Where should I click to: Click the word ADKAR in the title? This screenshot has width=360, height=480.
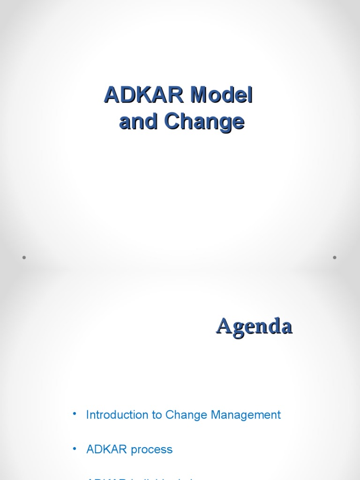click(144, 96)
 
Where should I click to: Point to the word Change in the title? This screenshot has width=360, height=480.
click(204, 122)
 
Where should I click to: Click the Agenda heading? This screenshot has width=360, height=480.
click(254, 326)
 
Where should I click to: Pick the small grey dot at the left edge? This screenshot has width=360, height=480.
click(23, 257)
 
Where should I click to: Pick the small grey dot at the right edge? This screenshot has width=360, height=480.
click(335, 257)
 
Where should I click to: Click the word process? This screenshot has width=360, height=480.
click(152, 450)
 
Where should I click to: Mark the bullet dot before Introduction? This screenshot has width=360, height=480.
click(74, 414)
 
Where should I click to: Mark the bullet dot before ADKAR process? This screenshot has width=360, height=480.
click(74, 449)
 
